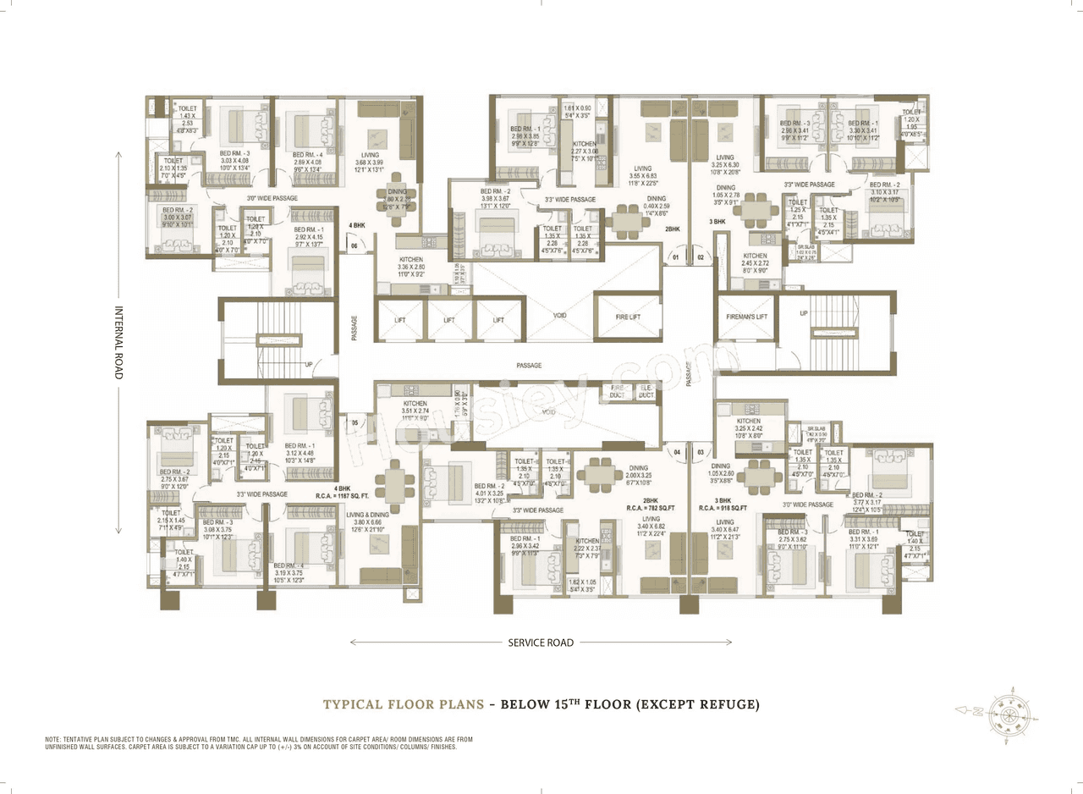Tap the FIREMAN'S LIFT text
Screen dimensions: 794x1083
(745, 317)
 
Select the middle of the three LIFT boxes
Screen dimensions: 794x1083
(449, 320)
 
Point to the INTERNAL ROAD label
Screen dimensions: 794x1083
(118, 342)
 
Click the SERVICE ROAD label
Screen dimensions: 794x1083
(541, 642)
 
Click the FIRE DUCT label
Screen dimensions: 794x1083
(618, 392)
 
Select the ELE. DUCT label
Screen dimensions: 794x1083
(646, 392)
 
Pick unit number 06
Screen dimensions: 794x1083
(355, 246)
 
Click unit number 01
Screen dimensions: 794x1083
(676, 256)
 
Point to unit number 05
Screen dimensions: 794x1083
(355, 422)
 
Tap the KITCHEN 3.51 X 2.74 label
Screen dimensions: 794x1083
(415, 409)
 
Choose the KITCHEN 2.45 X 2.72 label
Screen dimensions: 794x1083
(755, 260)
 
